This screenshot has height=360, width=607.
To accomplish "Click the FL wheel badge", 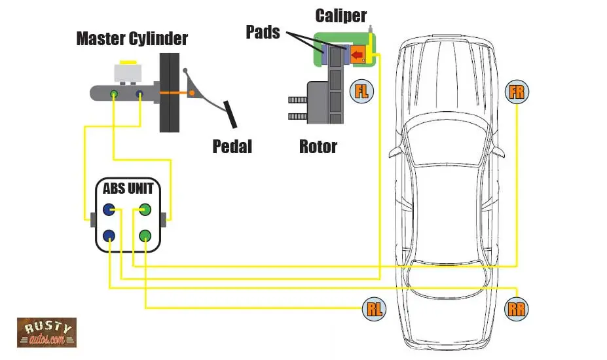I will pos(361,92).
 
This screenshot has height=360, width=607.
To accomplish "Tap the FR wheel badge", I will pos(517,92).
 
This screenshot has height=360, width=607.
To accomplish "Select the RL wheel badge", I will pos(374,308).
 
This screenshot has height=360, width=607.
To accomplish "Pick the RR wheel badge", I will pos(517,308).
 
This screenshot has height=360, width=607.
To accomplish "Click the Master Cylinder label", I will pos(132,39).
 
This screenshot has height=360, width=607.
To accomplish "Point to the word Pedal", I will pos(232,146).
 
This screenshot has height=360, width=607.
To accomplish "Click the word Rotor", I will pos(318,146).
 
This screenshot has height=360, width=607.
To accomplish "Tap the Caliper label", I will pos(341,16).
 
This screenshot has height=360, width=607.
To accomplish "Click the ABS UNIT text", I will pos(128,189).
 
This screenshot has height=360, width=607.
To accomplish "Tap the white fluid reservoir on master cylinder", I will pos(126,73).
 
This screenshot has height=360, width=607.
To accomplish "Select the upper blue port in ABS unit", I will pos(109,211).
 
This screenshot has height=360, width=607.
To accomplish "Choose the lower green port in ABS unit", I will pos(145,236).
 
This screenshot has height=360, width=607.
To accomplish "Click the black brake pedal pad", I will pos(230,115).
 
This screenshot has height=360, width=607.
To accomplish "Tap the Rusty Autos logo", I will pos(46,333).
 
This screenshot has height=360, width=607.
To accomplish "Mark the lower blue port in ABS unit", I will pos(109,236).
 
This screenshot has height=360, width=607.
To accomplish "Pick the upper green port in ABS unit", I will pos(145,211).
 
